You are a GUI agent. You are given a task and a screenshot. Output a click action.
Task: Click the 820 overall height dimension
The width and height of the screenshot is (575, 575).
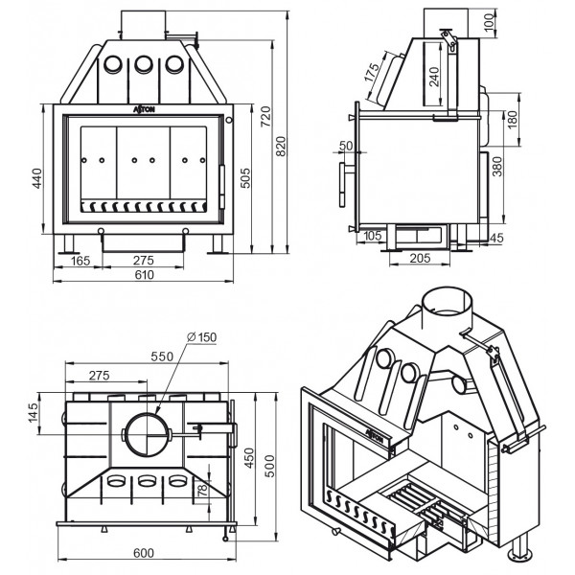(281, 146)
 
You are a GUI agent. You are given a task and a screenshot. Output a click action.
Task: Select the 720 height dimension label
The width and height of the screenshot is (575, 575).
(265, 116)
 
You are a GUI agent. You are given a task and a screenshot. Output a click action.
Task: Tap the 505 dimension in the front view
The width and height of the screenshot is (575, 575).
(245, 178)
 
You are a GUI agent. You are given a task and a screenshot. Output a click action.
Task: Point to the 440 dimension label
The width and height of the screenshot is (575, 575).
(37, 178)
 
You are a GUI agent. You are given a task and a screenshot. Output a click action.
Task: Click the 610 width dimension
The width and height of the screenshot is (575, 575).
(144, 275)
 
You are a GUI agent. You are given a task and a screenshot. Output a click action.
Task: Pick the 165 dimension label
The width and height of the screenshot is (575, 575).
(80, 261)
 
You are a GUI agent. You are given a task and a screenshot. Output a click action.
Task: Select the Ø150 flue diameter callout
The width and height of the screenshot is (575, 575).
(201, 336)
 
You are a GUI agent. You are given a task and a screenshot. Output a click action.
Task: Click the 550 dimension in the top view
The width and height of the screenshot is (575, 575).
(162, 356)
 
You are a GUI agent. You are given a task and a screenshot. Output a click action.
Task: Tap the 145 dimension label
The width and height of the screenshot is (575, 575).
(33, 413)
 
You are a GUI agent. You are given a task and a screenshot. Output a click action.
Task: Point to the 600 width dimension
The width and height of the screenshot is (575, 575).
(144, 553)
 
